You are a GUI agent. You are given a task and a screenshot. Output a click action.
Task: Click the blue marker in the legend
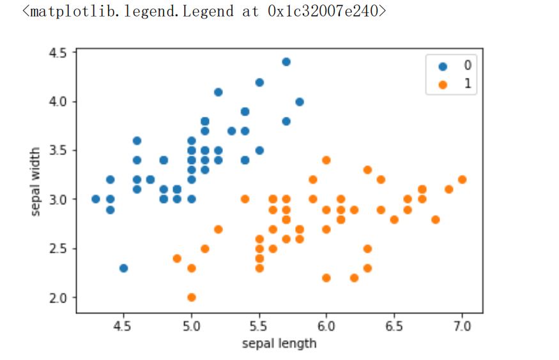pyautogui.click(x=442, y=66)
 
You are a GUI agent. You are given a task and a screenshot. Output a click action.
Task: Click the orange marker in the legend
pyautogui.click(x=442, y=84)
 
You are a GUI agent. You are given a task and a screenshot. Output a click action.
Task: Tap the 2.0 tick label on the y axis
pyautogui.click(x=58, y=297)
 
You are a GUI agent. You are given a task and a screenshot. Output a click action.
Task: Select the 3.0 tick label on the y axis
pyautogui.click(x=58, y=199)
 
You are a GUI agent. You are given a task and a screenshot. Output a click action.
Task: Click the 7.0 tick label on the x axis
pyautogui.click(x=462, y=327)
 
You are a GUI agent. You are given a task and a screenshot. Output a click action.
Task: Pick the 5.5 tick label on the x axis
pyautogui.click(x=259, y=327)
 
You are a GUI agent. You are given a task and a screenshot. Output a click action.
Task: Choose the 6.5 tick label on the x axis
pyautogui.click(x=394, y=327)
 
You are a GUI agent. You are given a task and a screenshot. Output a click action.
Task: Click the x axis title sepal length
pyautogui.click(x=279, y=343)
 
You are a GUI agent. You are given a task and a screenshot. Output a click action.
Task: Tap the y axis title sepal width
pyautogui.click(x=36, y=181)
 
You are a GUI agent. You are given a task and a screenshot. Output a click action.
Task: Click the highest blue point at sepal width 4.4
pyautogui.click(x=286, y=62)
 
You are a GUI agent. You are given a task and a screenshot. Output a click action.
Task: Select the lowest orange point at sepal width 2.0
pyautogui.click(x=191, y=297)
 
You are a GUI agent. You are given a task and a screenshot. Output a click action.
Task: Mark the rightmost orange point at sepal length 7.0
pyautogui.click(x=462, y=179)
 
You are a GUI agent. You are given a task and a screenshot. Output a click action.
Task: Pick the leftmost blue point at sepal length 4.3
pyautogui.click(x=96, y=199)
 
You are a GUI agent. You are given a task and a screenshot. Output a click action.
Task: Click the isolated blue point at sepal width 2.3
pyautogui.click(x=123, y=268)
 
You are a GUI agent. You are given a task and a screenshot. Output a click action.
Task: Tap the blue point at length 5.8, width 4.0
pyautogui.click(x=300, y=101)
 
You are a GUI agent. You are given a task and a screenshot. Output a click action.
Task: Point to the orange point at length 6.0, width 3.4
pyautogui.click(x=326, y=160)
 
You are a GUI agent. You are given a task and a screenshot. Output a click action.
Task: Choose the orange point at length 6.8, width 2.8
pyautogui.click(x=435, y=219)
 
